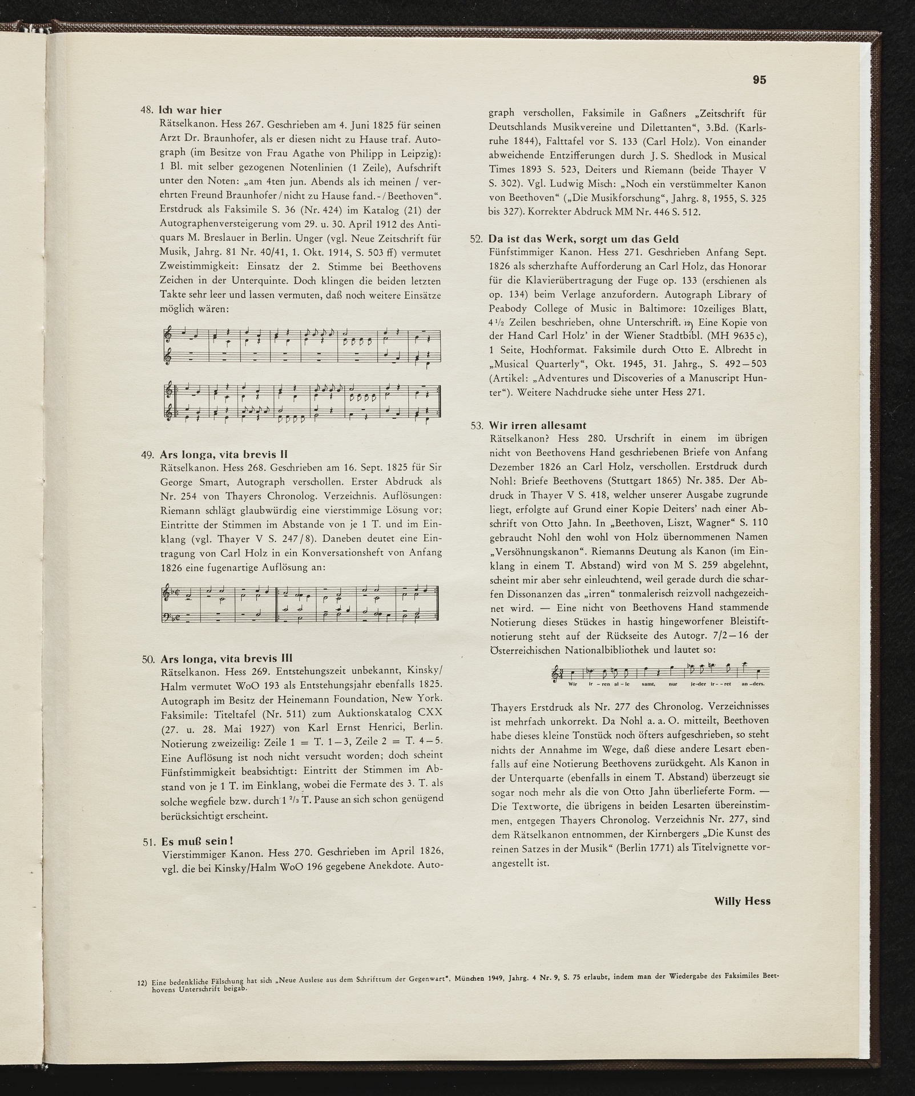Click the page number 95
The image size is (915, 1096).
[759, 80]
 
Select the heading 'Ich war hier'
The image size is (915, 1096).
[190, 110]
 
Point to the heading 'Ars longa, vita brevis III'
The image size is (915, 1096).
[227, 658]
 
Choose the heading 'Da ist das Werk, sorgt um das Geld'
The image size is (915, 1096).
[583, 239]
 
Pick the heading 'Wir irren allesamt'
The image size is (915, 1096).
[537, 425]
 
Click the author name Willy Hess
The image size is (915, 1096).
[742, 901]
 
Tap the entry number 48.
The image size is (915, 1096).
[147, 111]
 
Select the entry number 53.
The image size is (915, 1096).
[477, 426]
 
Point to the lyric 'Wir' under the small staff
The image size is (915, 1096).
[573, 684]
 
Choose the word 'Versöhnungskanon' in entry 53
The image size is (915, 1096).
[531, 551]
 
